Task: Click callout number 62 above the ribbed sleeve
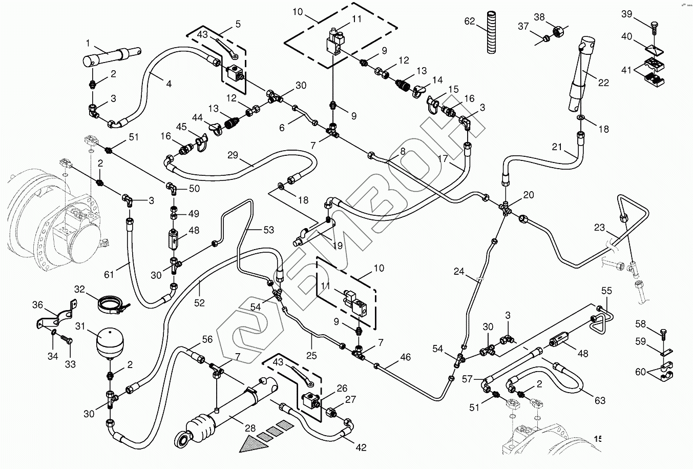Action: click(470, 22)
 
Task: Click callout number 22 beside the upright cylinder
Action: click(604, 83)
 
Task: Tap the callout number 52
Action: click(199, 303)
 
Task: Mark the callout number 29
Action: click(233, 155)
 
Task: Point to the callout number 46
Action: click(405, 357)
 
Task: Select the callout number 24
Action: click(458, 272)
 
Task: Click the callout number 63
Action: click(600, 400)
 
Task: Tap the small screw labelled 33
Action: click(66, 340)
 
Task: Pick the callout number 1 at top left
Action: click(88, 43)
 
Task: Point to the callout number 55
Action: click(606, 291)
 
